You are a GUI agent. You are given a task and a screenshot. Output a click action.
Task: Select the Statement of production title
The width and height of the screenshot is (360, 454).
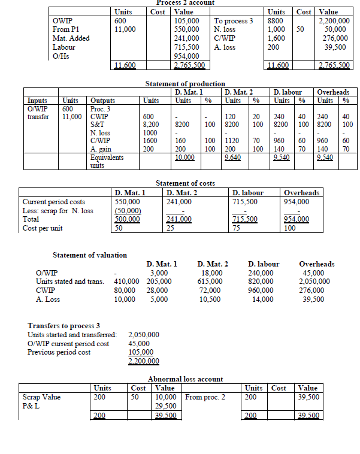tap(186, 84)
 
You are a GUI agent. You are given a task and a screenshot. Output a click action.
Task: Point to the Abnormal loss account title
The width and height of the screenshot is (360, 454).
tap(185, 379)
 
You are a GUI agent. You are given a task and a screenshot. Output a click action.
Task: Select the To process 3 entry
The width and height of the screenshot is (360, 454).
tap(234, 20)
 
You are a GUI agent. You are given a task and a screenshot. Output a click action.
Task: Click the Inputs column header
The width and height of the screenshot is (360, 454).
tap(38, 101)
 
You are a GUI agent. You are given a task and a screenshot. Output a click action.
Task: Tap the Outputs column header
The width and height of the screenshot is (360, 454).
tap(102, 101)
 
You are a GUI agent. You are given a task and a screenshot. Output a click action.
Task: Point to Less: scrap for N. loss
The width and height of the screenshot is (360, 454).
tap(58, 210)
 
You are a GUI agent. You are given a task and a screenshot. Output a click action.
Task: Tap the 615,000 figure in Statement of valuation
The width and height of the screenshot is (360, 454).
tap(210, 281)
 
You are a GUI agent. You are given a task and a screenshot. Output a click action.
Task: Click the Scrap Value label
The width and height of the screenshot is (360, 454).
tap(43, 397)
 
